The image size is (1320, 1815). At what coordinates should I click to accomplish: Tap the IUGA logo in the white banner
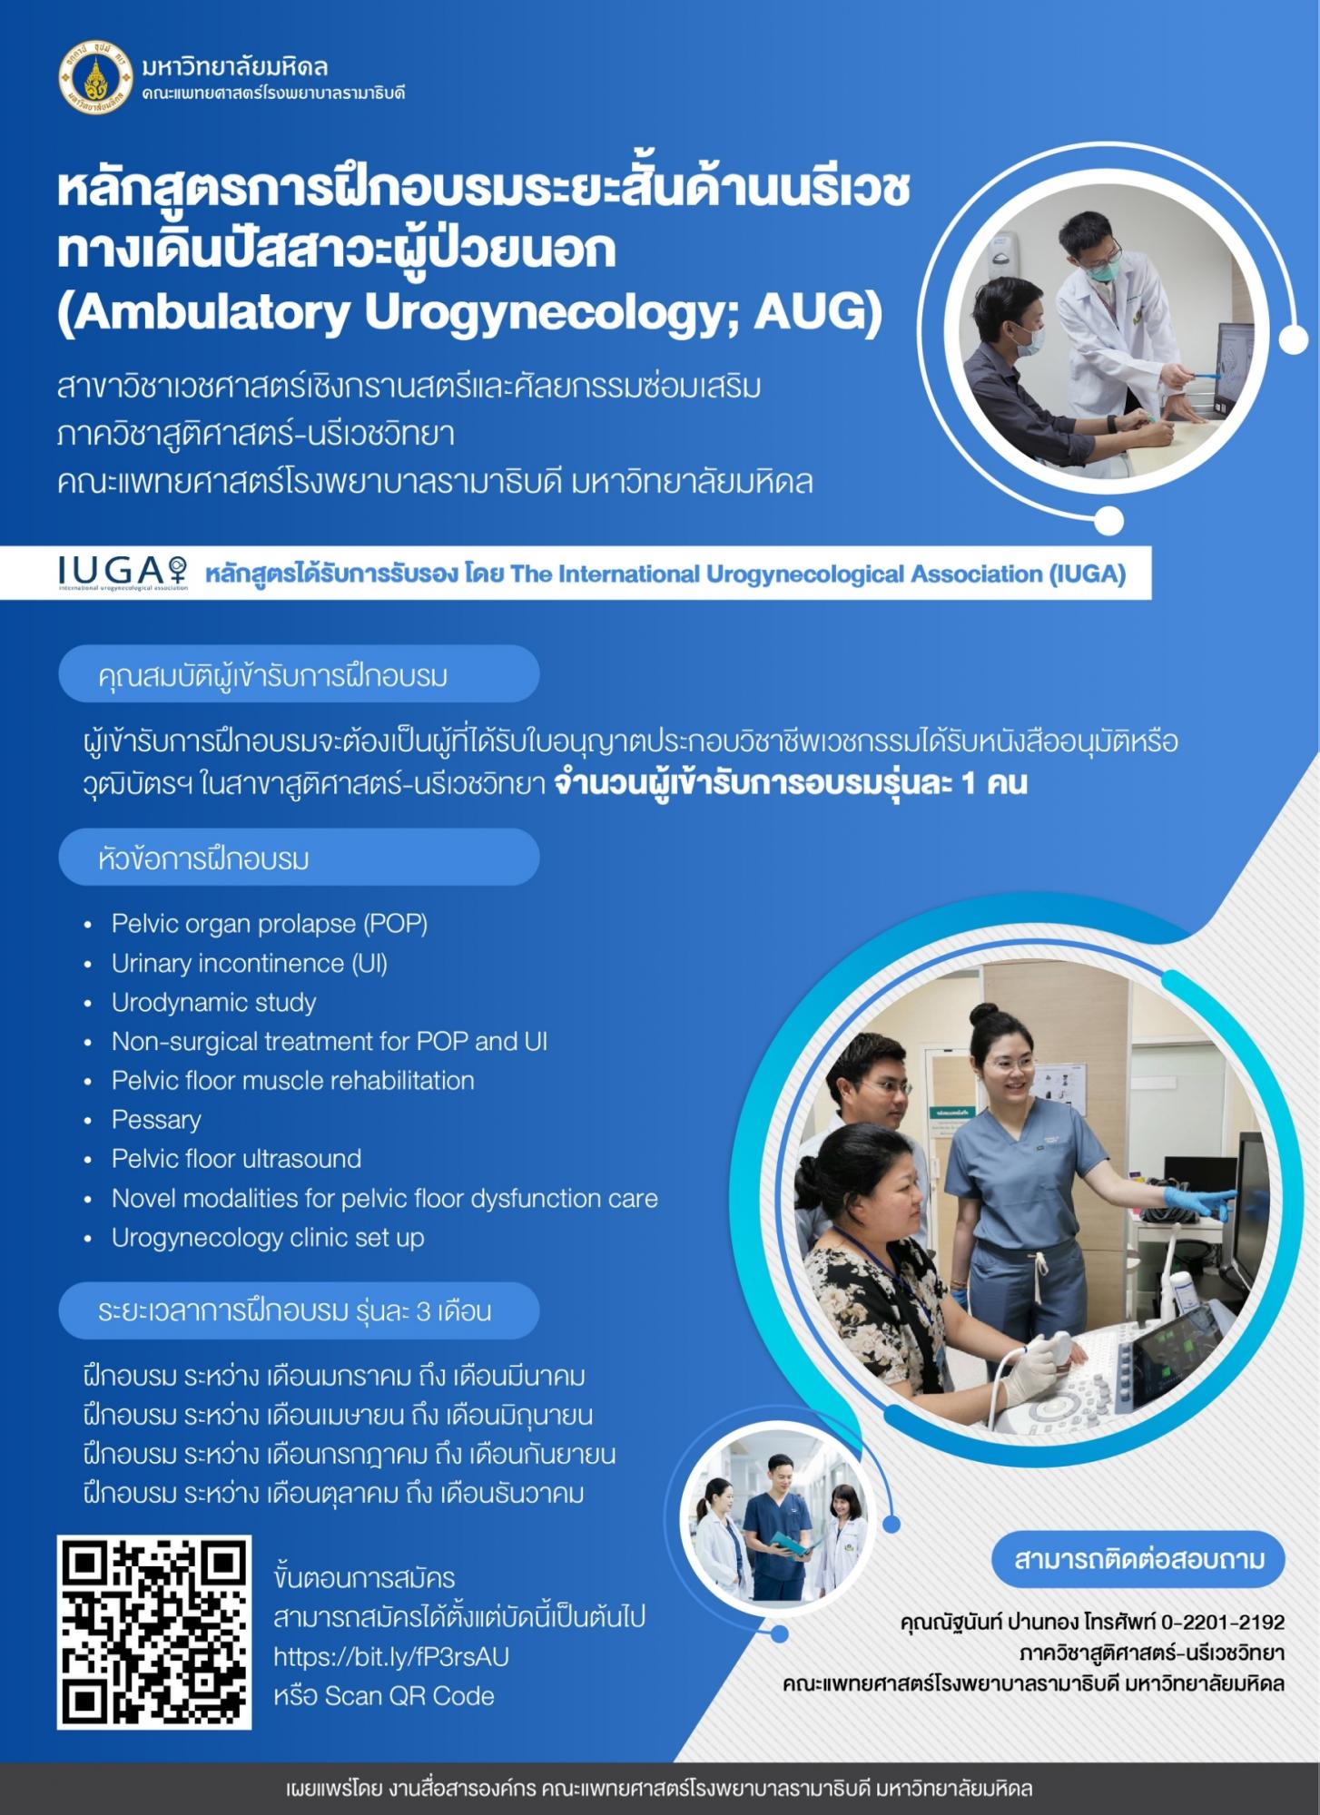point(123,572)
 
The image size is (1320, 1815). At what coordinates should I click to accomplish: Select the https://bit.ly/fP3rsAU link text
point(391,1656)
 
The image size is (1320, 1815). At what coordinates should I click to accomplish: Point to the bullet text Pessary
point(156,1120)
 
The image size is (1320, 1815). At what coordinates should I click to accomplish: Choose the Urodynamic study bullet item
point(214,1002)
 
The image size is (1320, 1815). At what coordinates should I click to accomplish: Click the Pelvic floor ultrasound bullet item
point(236,1159)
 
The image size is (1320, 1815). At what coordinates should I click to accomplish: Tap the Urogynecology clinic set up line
point(268,1238)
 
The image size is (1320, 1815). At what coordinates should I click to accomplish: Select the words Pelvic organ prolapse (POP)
point(270,924)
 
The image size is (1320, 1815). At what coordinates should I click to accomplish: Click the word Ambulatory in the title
point(204,312)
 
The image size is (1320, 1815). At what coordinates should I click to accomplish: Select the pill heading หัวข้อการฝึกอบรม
point(299,857)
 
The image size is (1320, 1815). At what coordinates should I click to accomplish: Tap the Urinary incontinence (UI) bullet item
point(250,963)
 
